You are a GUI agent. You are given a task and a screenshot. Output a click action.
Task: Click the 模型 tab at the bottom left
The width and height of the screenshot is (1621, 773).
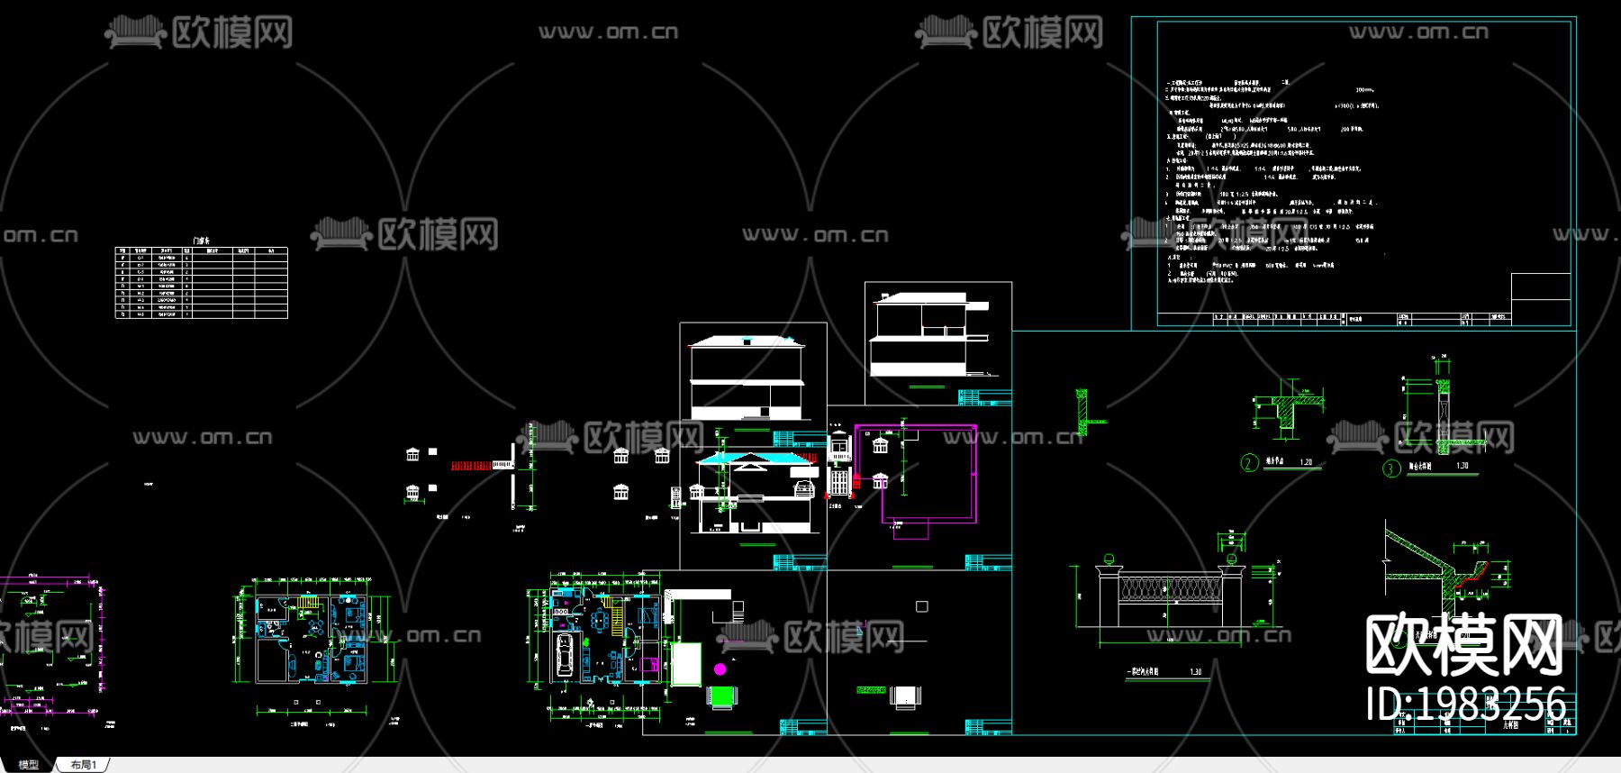tap(28, 765)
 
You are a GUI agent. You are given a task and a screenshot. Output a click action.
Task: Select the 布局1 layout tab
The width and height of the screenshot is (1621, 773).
tap(83, 765)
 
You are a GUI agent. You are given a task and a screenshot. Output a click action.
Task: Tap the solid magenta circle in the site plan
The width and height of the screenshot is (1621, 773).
tap(720, 668)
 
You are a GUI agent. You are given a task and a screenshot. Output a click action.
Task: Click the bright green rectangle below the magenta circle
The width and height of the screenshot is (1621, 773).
tap(722, 696)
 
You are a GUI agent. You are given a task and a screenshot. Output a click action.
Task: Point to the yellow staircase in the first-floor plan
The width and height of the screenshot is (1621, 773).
tap(613, 606)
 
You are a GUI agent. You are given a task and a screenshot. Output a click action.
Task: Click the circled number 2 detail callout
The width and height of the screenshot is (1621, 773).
tap(1249, 463)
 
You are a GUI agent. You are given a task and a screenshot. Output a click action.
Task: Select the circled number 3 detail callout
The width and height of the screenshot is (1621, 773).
tap(1391, 468)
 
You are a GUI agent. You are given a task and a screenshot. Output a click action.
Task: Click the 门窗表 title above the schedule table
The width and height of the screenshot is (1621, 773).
tap(202, 241)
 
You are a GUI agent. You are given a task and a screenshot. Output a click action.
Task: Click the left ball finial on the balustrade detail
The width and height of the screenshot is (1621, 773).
tap(1109, 559)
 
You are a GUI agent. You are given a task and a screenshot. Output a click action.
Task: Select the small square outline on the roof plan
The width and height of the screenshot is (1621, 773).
tap(921, 606)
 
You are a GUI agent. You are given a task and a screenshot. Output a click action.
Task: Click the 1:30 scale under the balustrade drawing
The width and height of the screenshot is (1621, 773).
tap(1195, 672)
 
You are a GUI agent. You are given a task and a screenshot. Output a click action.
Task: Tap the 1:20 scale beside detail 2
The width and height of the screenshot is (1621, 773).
tap(1306, 462)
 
